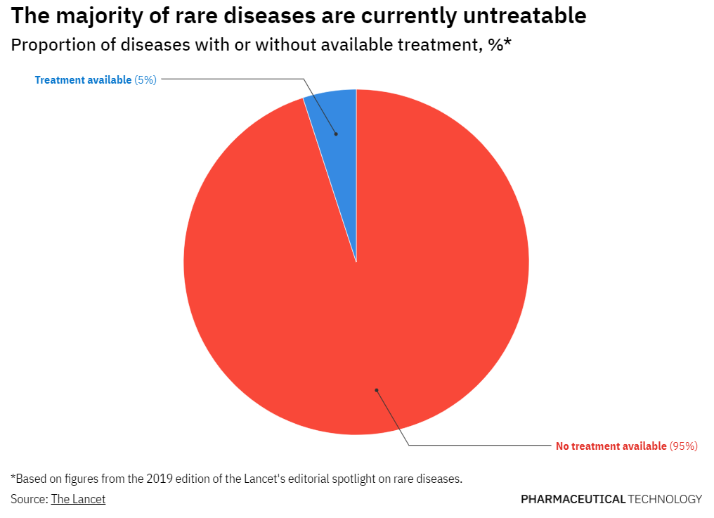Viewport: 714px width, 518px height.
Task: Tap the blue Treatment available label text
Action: click(83, 80)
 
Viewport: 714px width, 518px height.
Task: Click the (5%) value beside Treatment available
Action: click(145, 80)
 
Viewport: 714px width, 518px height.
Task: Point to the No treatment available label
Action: click(611, 446)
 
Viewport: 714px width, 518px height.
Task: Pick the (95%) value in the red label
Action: click(683, 446)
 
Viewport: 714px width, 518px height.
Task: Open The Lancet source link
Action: click(78, 499)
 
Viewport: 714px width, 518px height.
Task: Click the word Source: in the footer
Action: click(30, 499)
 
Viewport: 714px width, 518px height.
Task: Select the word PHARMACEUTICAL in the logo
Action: click(573, 499)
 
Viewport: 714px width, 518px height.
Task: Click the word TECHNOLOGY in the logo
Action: click(665, 499)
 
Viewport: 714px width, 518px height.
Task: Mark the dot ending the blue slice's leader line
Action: click(336, 134)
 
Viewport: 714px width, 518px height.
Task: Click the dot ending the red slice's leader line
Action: click(376, 390)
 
